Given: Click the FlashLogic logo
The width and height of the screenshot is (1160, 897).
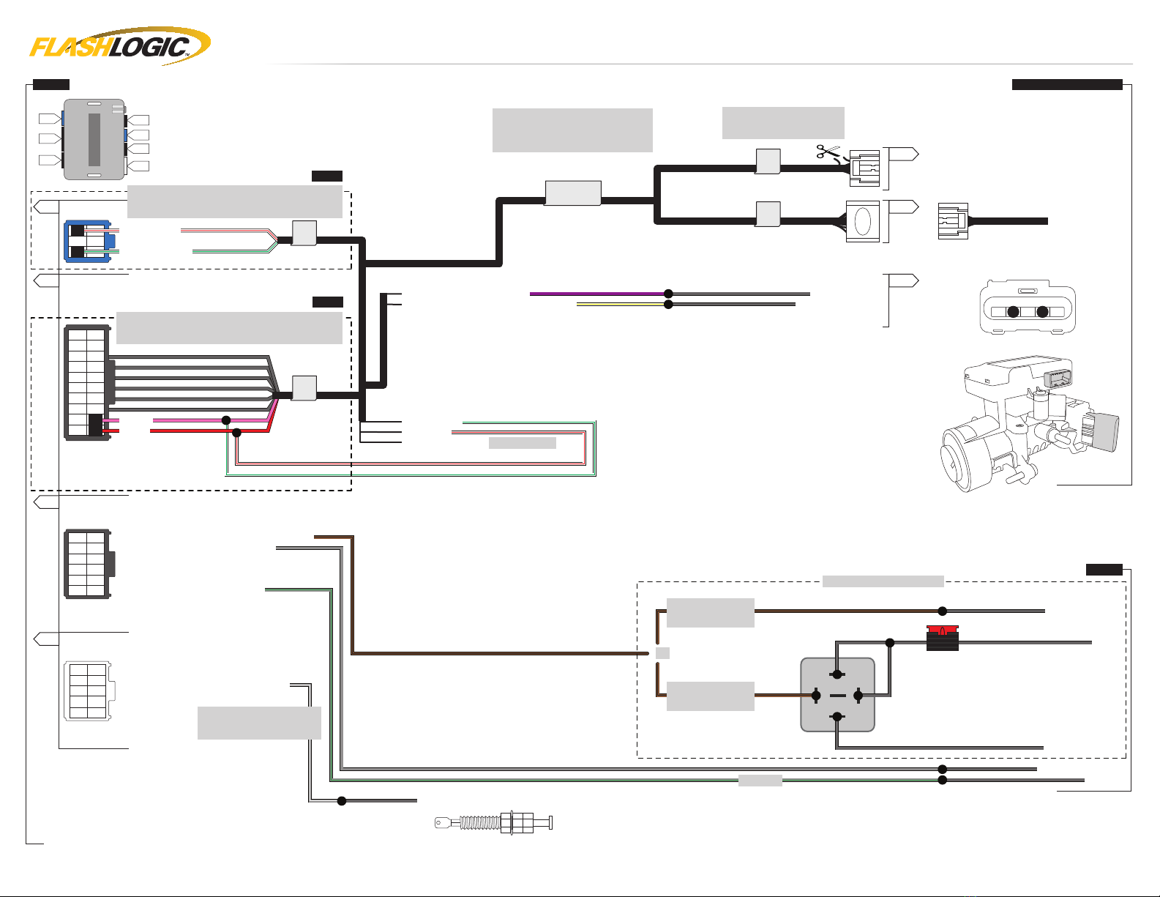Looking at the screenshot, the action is [x=120, y=46].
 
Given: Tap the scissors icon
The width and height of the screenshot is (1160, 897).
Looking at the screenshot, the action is [x=828, y=152].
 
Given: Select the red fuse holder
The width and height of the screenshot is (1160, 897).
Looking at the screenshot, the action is [x=942, y=638].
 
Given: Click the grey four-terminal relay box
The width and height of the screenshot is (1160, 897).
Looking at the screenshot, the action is [x=837, y=695].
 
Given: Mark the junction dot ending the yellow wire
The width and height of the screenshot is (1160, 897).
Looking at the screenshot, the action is [x=667, y=305].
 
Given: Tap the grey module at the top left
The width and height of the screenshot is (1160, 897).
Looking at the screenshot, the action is [x=94, y=139].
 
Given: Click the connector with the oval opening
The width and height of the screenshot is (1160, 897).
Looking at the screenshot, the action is [x=863, y=221].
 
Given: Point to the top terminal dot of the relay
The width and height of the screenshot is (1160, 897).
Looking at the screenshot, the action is [x=837, y=674].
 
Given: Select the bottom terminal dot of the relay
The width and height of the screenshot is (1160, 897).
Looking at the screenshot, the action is [x=837, y=717].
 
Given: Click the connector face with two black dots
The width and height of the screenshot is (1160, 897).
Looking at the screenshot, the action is [x=1028, y=308].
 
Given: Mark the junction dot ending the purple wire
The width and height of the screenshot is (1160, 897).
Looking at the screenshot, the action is [x=667, y=294].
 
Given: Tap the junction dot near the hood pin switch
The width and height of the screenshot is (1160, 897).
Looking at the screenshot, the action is [x=342, y=801].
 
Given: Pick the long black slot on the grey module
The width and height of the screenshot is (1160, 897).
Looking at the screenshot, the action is [x=94, y=139].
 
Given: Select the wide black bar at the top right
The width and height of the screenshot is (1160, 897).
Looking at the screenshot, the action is [x=1067, y=84].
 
